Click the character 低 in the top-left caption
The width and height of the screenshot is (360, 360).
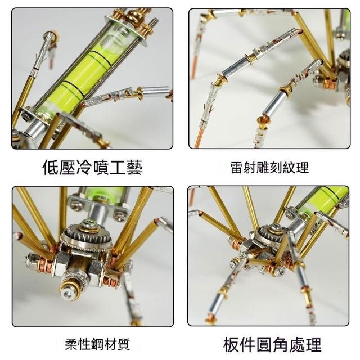(51, 168)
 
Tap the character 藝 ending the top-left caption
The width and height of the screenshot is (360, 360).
(134, 168)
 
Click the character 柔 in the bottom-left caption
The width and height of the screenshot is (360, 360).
(71, 344)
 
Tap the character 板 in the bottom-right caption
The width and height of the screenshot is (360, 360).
(231, 345)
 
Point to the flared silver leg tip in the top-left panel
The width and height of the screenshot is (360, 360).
(51, 36)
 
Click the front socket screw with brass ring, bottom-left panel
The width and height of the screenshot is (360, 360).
(69, 290)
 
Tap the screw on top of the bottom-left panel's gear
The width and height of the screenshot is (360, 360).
(89, 223)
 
